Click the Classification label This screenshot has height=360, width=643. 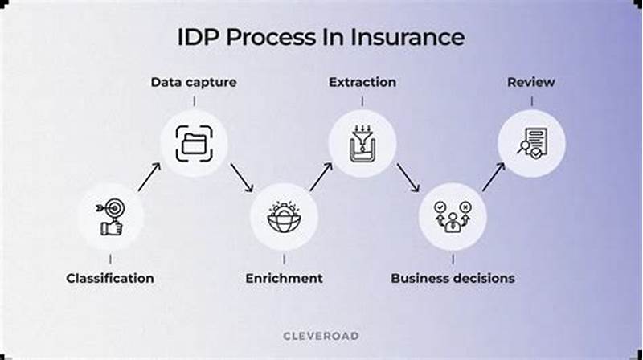110,278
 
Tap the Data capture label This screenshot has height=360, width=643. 194,82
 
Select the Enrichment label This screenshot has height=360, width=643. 284,278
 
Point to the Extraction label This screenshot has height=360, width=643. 362,82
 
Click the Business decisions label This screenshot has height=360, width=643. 453,278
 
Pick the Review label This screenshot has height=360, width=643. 530,82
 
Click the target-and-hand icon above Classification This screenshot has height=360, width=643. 110,216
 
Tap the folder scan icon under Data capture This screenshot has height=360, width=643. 194,144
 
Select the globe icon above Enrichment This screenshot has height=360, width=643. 284,216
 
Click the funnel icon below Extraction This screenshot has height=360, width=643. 362,144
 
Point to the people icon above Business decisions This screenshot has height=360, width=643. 453,216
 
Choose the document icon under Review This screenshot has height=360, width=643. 530,144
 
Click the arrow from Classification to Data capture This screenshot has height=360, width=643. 149,177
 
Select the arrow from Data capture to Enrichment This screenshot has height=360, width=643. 241,178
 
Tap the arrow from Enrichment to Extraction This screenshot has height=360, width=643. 321,177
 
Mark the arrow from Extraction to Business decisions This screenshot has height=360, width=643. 408,178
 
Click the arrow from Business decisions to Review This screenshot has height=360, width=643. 493,177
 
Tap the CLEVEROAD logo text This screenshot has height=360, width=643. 321,335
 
